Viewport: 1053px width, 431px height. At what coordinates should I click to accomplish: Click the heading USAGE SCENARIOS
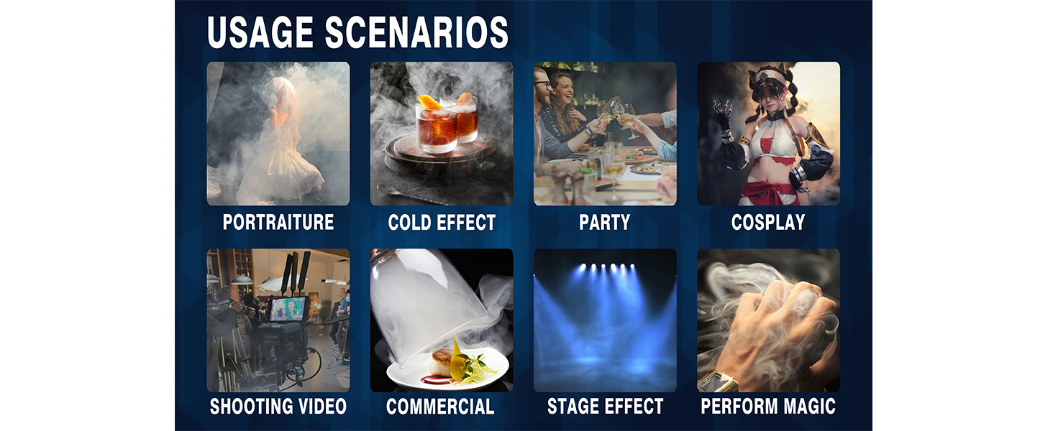pos(357,32)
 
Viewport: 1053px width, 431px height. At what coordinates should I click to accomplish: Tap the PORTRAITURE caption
pos(278,223)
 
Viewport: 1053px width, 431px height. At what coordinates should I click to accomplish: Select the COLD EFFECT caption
pos(442,223)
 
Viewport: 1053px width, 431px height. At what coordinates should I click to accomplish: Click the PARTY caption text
pos(604,223)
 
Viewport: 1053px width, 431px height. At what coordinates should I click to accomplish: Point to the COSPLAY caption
pos(768,223)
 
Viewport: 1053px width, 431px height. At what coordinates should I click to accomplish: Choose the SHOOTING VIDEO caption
pos(278,407)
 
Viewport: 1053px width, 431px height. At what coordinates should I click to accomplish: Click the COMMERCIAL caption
pos(440,407)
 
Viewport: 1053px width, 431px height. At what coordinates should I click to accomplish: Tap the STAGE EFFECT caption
pos(605,407)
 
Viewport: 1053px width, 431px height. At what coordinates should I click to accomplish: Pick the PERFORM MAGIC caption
pos(768,407)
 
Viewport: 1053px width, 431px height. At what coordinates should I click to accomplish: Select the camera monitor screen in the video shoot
pos(289,309)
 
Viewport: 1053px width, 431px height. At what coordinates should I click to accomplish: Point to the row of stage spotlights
pos(605,269)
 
